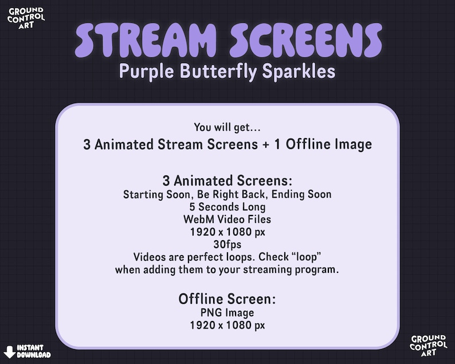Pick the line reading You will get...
[227, 127]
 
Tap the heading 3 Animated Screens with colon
[227, 181]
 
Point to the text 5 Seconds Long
[227, 206]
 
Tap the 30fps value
[227, 244]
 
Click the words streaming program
[297, 269]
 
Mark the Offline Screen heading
[227, 299]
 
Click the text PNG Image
[227, 313]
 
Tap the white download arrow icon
[10, 351]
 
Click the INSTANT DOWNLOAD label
[33, 351]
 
